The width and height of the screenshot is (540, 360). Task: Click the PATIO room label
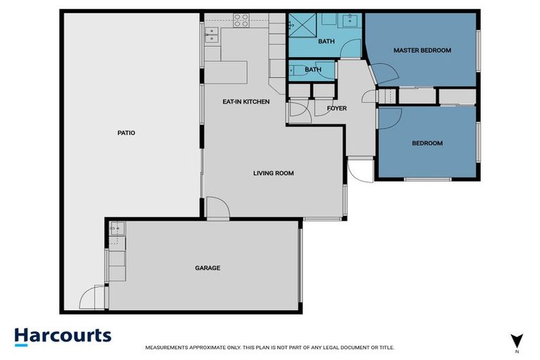[x=127, y=132]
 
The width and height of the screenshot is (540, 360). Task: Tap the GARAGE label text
[x=207, y=268]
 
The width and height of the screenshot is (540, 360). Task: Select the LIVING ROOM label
[x=274, y=173]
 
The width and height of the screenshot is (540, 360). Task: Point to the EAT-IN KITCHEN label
[x=246, y=102]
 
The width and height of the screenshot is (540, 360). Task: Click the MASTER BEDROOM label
[x=422, y=51]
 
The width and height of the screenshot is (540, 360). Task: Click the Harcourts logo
[x=63, y=335]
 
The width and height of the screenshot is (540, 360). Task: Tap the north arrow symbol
[x=517, y=341]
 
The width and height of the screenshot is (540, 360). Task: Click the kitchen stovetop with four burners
[x=241, y=20]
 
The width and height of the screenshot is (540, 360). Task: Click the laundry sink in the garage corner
[x=117, y=226]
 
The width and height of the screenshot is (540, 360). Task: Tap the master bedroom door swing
[x=381, y=72]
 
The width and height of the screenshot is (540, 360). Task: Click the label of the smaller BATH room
[x=313, y=70]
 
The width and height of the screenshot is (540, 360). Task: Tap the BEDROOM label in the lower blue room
[x=427, y=143]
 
